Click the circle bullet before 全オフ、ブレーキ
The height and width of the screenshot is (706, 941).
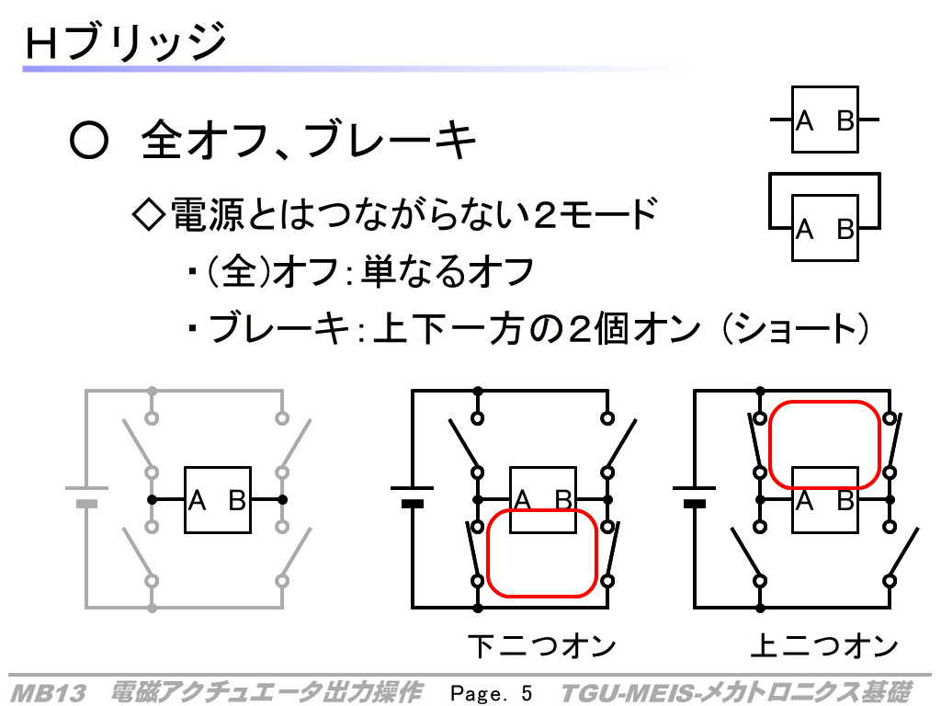(x=89, y=140)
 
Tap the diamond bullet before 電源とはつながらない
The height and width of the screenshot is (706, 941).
(x=148, y=213)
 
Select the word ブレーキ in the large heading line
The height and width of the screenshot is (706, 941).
(x=390, y=140)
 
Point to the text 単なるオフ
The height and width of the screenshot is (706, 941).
(x=448, y=271)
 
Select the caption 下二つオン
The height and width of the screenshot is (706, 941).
(x=541, y=646)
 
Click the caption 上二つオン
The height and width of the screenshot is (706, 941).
(x=824, y=646)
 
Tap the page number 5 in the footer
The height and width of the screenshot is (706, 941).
(x=527, y=693)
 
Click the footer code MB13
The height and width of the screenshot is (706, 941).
(x=49, y=693)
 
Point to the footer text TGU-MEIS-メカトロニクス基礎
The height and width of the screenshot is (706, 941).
(x=736, y=692)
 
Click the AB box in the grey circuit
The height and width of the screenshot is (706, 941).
(x=218, y=499)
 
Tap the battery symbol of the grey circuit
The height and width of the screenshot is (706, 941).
(x=87, y=495)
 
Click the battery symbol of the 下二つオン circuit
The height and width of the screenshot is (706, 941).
(x=413, y=495)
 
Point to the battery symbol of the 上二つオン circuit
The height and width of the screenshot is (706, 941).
(x=695, y=495)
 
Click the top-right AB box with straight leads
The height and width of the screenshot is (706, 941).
(x=825, y=120)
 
